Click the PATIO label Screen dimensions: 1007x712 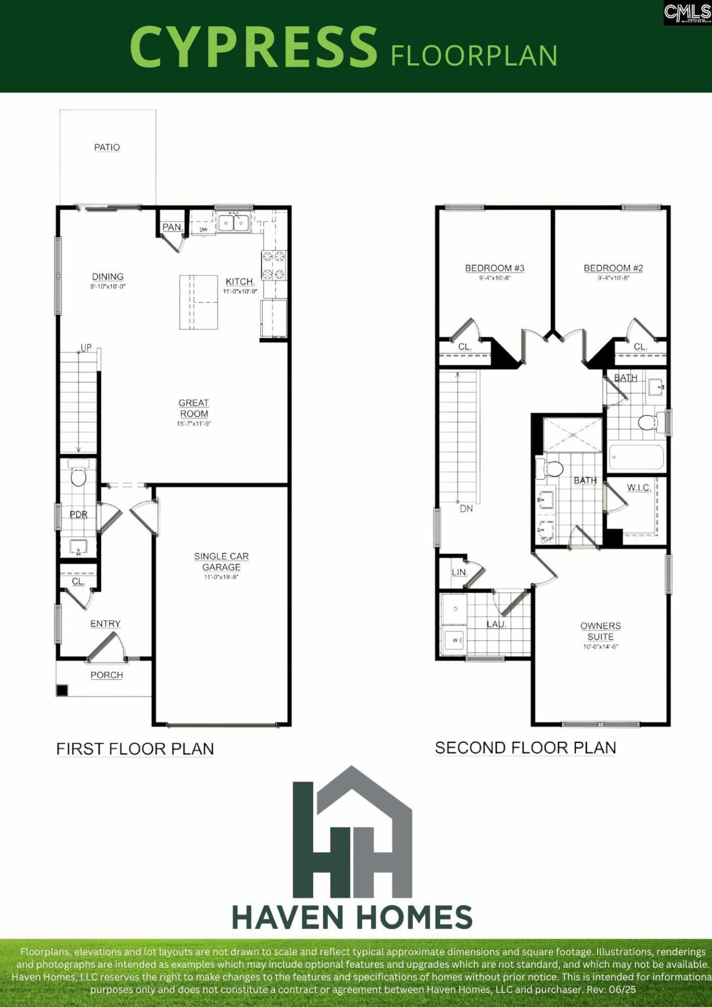tap(107, 147)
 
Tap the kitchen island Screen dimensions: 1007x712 tap(198, 302)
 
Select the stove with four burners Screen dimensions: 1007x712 tap(274, 265)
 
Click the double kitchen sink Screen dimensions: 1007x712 tap(233, 223)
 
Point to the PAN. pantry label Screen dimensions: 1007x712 tap(172, 227)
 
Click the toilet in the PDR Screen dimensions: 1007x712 tap(78, 476)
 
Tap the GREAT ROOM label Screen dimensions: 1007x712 tap(194, 408)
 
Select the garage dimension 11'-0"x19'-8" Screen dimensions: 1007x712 tap(221, 577)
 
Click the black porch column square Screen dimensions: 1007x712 tap(62, 690)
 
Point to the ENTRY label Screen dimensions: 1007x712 tap(105, 624)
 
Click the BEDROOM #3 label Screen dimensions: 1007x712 tap(495, 268)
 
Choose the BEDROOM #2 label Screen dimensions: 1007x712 tap(613, 268)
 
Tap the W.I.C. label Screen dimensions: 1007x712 tap(639, 488)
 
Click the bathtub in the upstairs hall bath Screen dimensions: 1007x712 tap(636, 458)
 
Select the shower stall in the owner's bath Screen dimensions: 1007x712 tap(572, 435)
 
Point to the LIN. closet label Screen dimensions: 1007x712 tap(460, 572)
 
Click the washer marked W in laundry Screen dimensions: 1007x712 tap(453, 640)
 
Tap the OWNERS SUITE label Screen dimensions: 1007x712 tap(600, 631)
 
